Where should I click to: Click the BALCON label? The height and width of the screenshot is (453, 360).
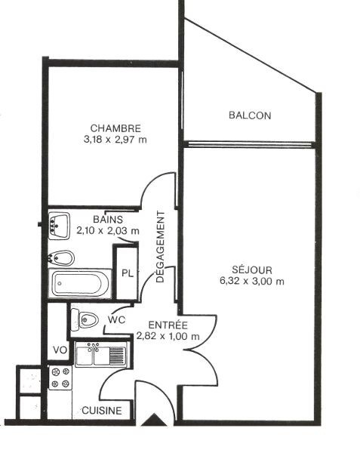coord(250,116)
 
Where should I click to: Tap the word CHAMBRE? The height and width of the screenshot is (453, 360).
coord(115,128)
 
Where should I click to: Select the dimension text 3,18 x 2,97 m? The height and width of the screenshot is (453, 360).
coord(115,140)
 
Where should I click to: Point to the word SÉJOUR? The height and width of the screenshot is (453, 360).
coord(252,270)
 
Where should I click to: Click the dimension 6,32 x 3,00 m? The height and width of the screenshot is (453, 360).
coord(252,281)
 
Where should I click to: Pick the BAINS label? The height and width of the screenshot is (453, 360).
coord(108,220)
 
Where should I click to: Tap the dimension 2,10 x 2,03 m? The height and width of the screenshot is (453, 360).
coord(108,231)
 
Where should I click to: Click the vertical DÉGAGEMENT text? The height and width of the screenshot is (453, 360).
coord(160,247)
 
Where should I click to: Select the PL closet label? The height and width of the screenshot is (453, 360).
coord(128,273)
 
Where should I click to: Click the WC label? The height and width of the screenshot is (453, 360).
coord(117,320)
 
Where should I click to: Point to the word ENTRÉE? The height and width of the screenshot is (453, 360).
coord(168,325)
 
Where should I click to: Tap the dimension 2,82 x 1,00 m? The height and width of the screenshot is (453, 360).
coord(168,336)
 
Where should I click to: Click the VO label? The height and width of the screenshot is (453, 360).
coord(60,350)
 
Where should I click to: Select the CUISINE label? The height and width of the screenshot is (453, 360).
coord(102,411)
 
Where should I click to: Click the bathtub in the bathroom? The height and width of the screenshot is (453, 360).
coord(80,283)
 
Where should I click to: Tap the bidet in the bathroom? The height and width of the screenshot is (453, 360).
coord(61,258)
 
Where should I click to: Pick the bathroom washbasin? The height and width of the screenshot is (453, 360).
coord(59,226)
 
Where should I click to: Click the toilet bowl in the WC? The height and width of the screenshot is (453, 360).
coord(85,319)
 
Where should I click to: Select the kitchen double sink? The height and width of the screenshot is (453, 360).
coord(100,355)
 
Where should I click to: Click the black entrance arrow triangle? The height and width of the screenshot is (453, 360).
coord(155,421)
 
